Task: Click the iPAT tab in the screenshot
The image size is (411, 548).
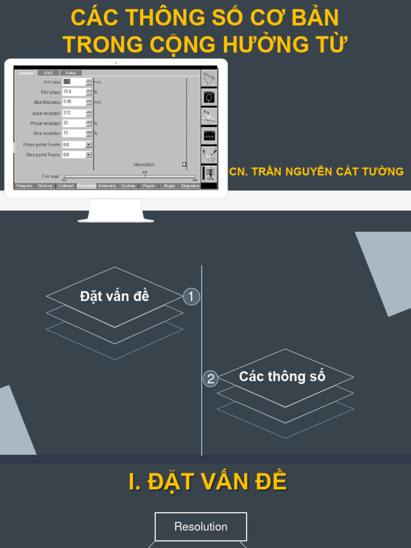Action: (x=48, y=73)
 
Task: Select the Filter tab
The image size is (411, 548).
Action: (x=71, y=73)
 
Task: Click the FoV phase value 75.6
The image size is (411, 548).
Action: (x=73, y=92)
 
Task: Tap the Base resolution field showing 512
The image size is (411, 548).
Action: (x=73, y=113)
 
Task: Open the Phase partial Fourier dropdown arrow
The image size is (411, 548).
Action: (x=88, y=144)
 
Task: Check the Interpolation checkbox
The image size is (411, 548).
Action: (x=184, y=164)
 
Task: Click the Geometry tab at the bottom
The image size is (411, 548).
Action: (x=107, y=186)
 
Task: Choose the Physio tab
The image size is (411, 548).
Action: (x=148, y=186)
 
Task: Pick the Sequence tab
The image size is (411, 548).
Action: (x=190, y=186)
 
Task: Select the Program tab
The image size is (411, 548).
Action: (x=25, y=186)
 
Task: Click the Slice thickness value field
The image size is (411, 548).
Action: (x=73, y=102)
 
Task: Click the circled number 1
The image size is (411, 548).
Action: (x=191, y=296)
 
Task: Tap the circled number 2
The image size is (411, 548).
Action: (x=211, y=379)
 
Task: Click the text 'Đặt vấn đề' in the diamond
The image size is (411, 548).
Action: (x=115, y=296)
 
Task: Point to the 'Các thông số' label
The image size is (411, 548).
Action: (x=282, y=376)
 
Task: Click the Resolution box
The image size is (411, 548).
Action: (x=201, y=527)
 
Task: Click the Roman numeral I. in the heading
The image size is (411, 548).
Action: (x=136, y=482)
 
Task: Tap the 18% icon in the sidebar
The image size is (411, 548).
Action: (x=210, y=174)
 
